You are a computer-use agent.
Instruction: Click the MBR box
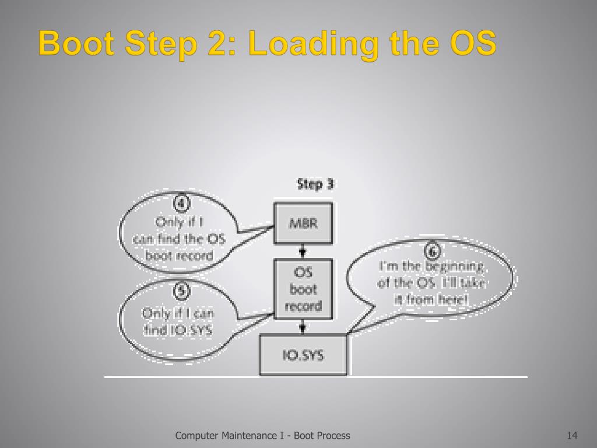[x=303, y=223]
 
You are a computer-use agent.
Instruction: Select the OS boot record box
[x=303, y=289]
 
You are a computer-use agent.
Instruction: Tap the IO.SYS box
[x=303, y=355]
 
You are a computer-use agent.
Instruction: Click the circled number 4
[x=182, y=205]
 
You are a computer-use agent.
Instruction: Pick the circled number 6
[x=432, y=252]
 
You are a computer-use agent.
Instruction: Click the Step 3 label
[x=315, y=184]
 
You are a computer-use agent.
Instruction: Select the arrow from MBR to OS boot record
[x=303, y=251]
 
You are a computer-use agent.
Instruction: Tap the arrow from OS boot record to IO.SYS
[x=303, y=327]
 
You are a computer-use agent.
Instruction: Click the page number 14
[x=571, y=435]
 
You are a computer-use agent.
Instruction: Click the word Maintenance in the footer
[x=255, y=435]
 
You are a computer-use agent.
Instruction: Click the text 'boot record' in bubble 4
[x=179, y=255]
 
